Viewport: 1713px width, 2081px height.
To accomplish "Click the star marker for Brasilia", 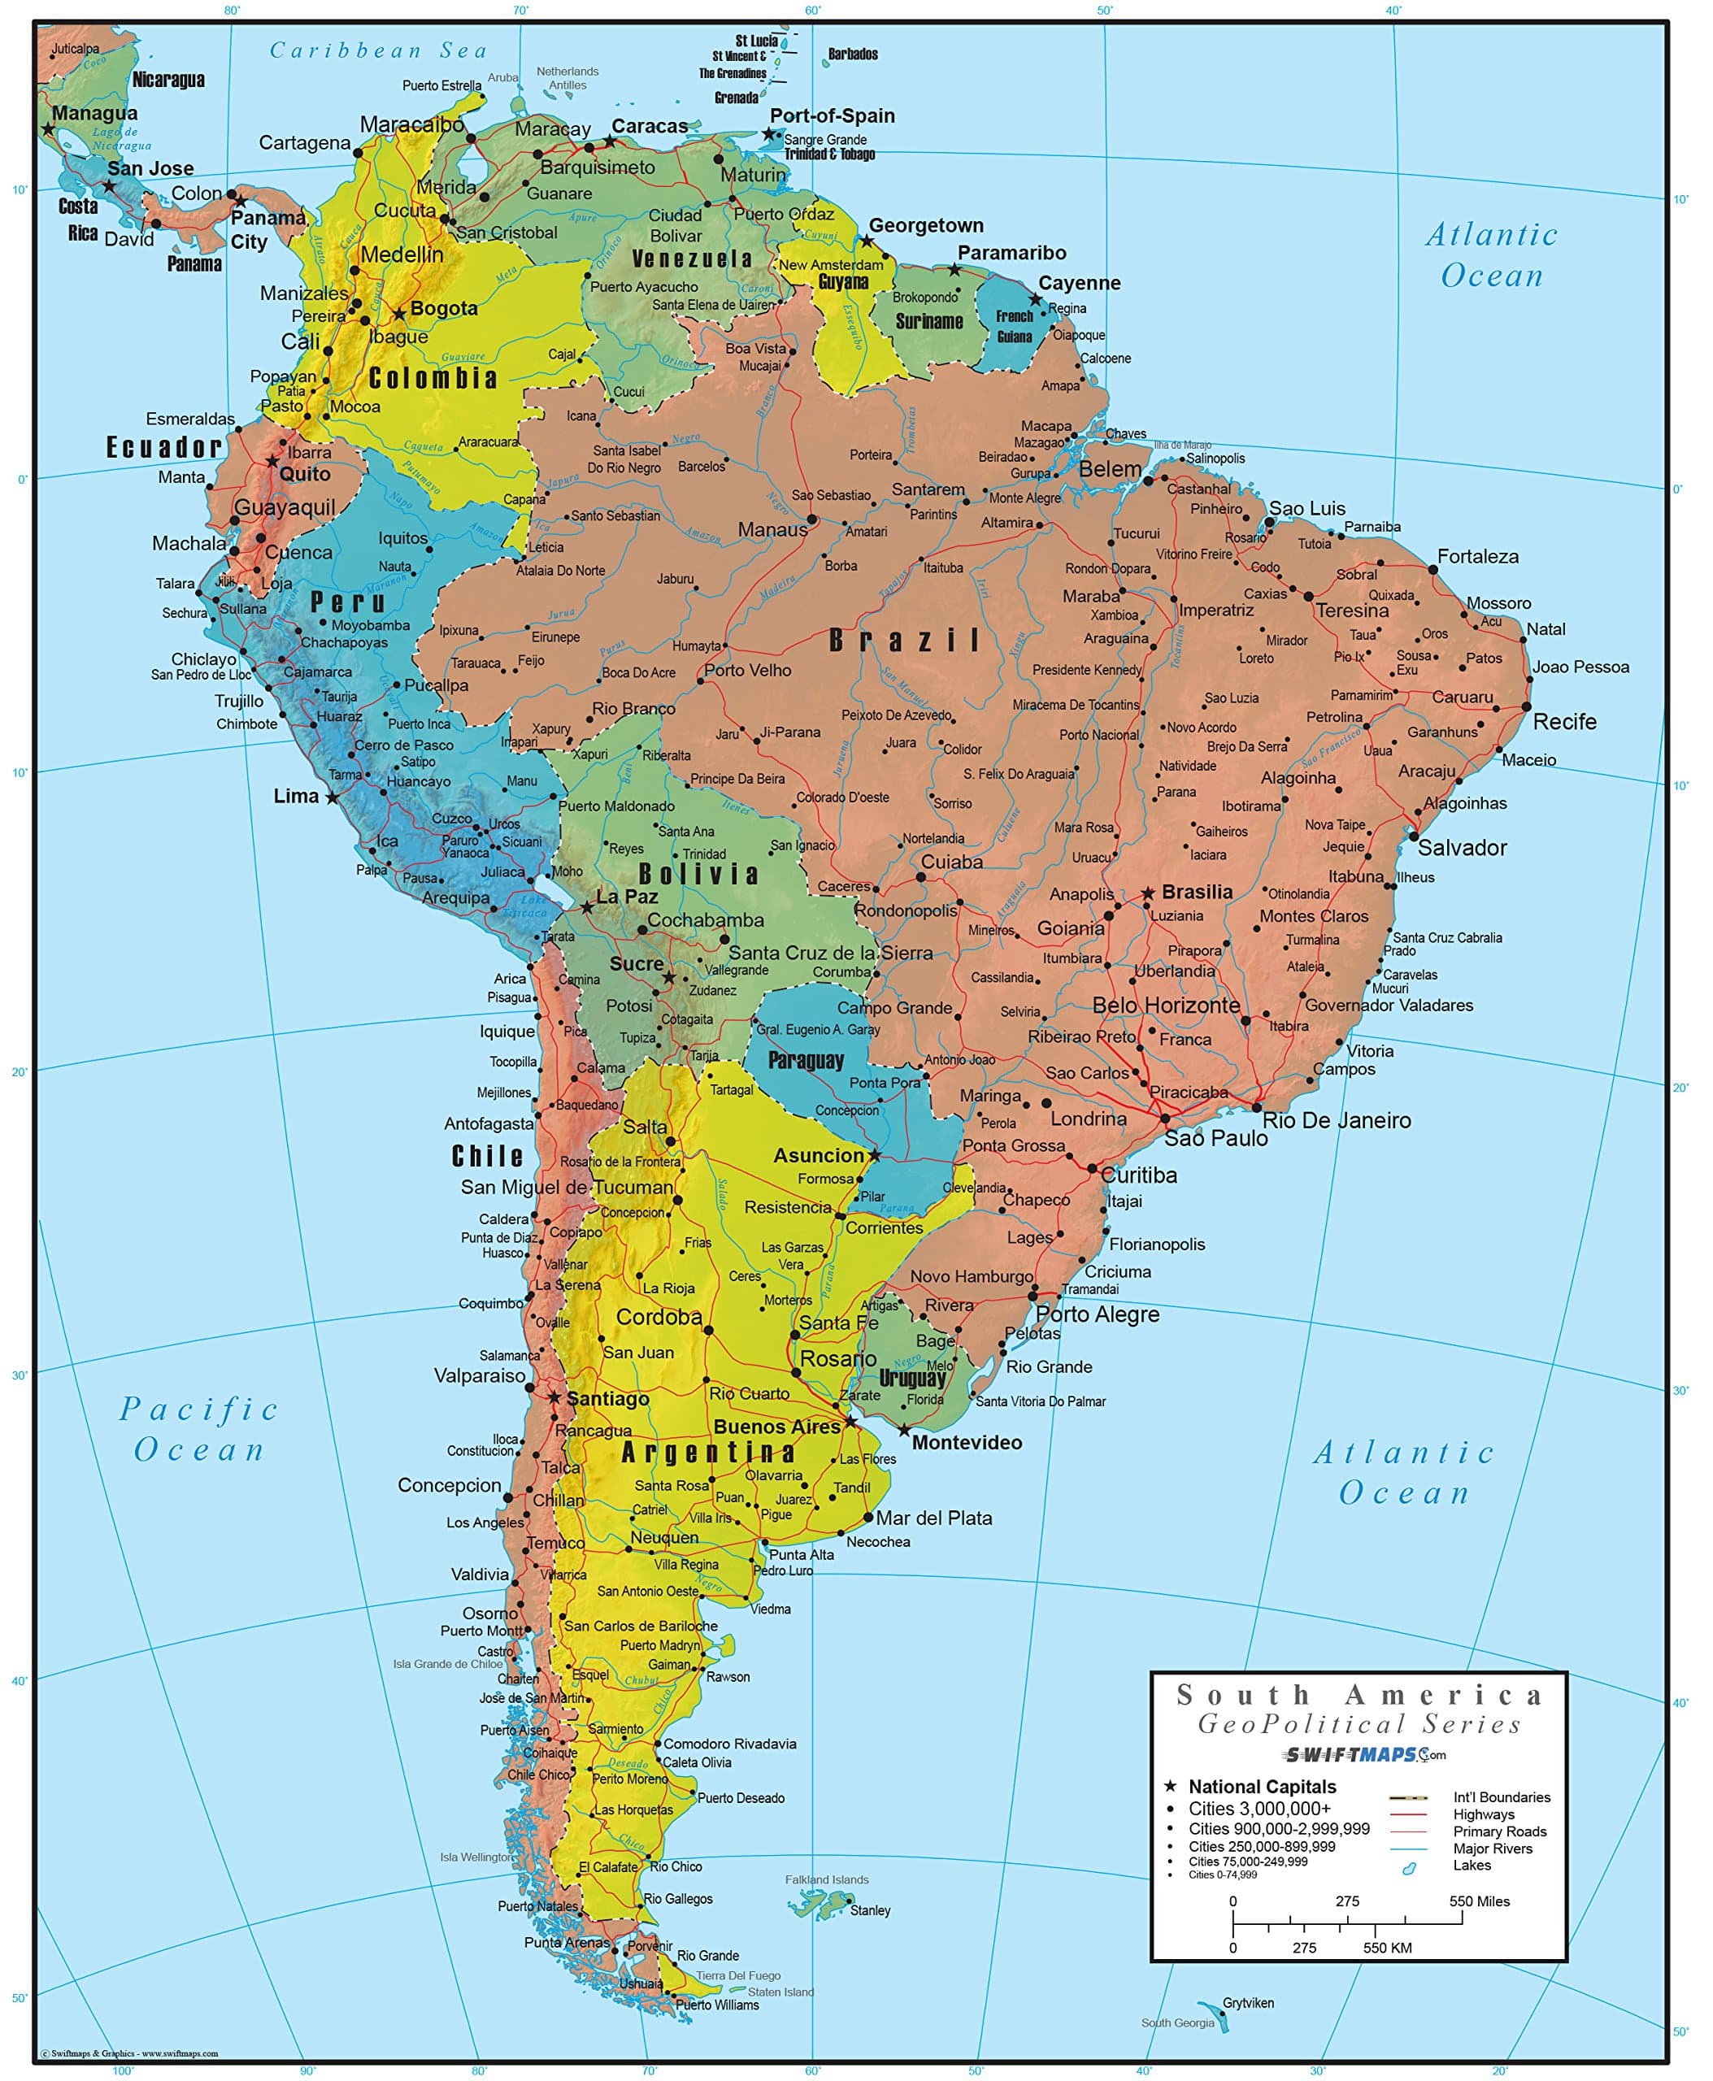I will [1148, 893].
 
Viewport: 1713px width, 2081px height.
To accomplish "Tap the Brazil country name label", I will [904, 641].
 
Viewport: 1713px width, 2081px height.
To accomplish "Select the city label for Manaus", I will [772, 530].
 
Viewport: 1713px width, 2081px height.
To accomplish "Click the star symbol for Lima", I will [333, 797].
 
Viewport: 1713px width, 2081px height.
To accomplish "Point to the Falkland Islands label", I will [827, 1879].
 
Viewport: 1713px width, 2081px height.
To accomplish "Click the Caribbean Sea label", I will [379, 50].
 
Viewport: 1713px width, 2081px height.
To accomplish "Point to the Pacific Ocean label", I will [199, 1429].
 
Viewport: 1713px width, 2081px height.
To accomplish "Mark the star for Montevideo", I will [904, 1430].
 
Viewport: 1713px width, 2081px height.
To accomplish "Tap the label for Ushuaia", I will [641, 1983].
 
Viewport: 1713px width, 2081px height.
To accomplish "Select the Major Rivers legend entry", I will [1492, 1849].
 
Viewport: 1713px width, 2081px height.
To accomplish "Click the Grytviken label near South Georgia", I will [1247, 2003].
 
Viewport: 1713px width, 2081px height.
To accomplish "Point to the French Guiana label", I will [1015, 327].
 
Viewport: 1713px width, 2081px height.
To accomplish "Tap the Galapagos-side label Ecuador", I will [163, 447].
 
